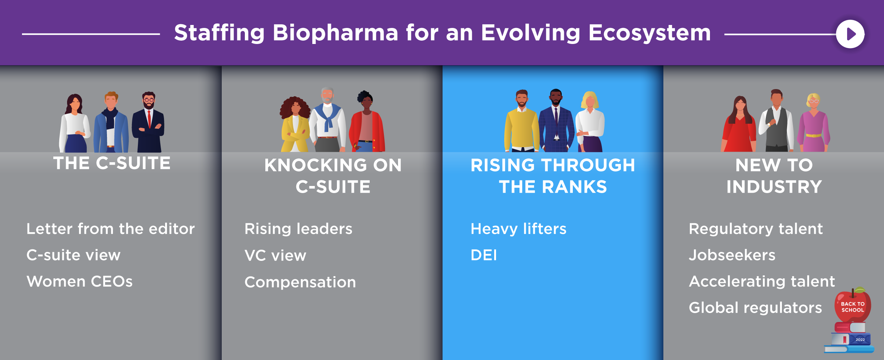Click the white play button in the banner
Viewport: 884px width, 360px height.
pos(850,34)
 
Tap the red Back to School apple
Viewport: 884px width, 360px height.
pos(853,306)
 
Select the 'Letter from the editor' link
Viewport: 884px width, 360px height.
pos(111,229)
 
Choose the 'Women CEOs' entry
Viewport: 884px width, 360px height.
pos(80,281)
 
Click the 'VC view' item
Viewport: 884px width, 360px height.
pos(275,256)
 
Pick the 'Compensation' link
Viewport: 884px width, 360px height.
pos(300,282)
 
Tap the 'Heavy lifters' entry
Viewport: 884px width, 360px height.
pos(518,229)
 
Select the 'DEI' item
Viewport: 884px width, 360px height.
pos(484,255)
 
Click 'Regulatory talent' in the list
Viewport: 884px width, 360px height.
pos(756,229)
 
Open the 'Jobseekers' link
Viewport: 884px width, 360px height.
pos(732,255)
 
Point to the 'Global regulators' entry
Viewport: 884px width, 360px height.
pos(755,308)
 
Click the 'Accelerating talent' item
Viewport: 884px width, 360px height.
pos(762,281)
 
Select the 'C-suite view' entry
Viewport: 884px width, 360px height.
pos(73,255)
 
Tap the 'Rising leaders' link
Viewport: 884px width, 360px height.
pos(299,229)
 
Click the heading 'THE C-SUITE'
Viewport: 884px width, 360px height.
pos(112,163)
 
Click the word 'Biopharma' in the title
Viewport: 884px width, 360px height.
pos(335,33)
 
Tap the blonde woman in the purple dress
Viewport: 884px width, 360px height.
pos(814,123)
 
